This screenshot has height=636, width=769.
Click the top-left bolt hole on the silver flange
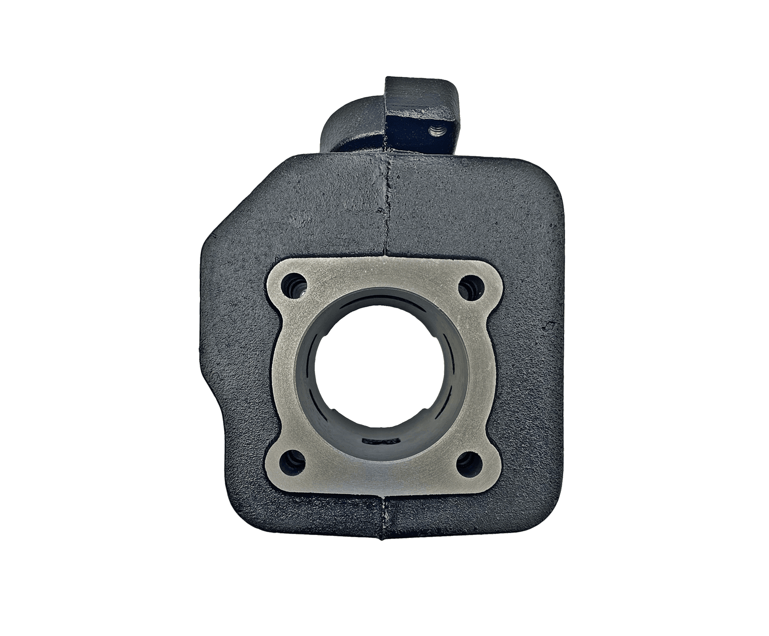pos(294,287)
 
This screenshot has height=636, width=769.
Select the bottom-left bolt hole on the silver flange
pos(292,463)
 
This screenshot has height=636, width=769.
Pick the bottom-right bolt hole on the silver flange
pos(469,463)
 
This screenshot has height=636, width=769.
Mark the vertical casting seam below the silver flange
pos(383,517)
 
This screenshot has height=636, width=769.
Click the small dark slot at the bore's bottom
pos(381,441)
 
